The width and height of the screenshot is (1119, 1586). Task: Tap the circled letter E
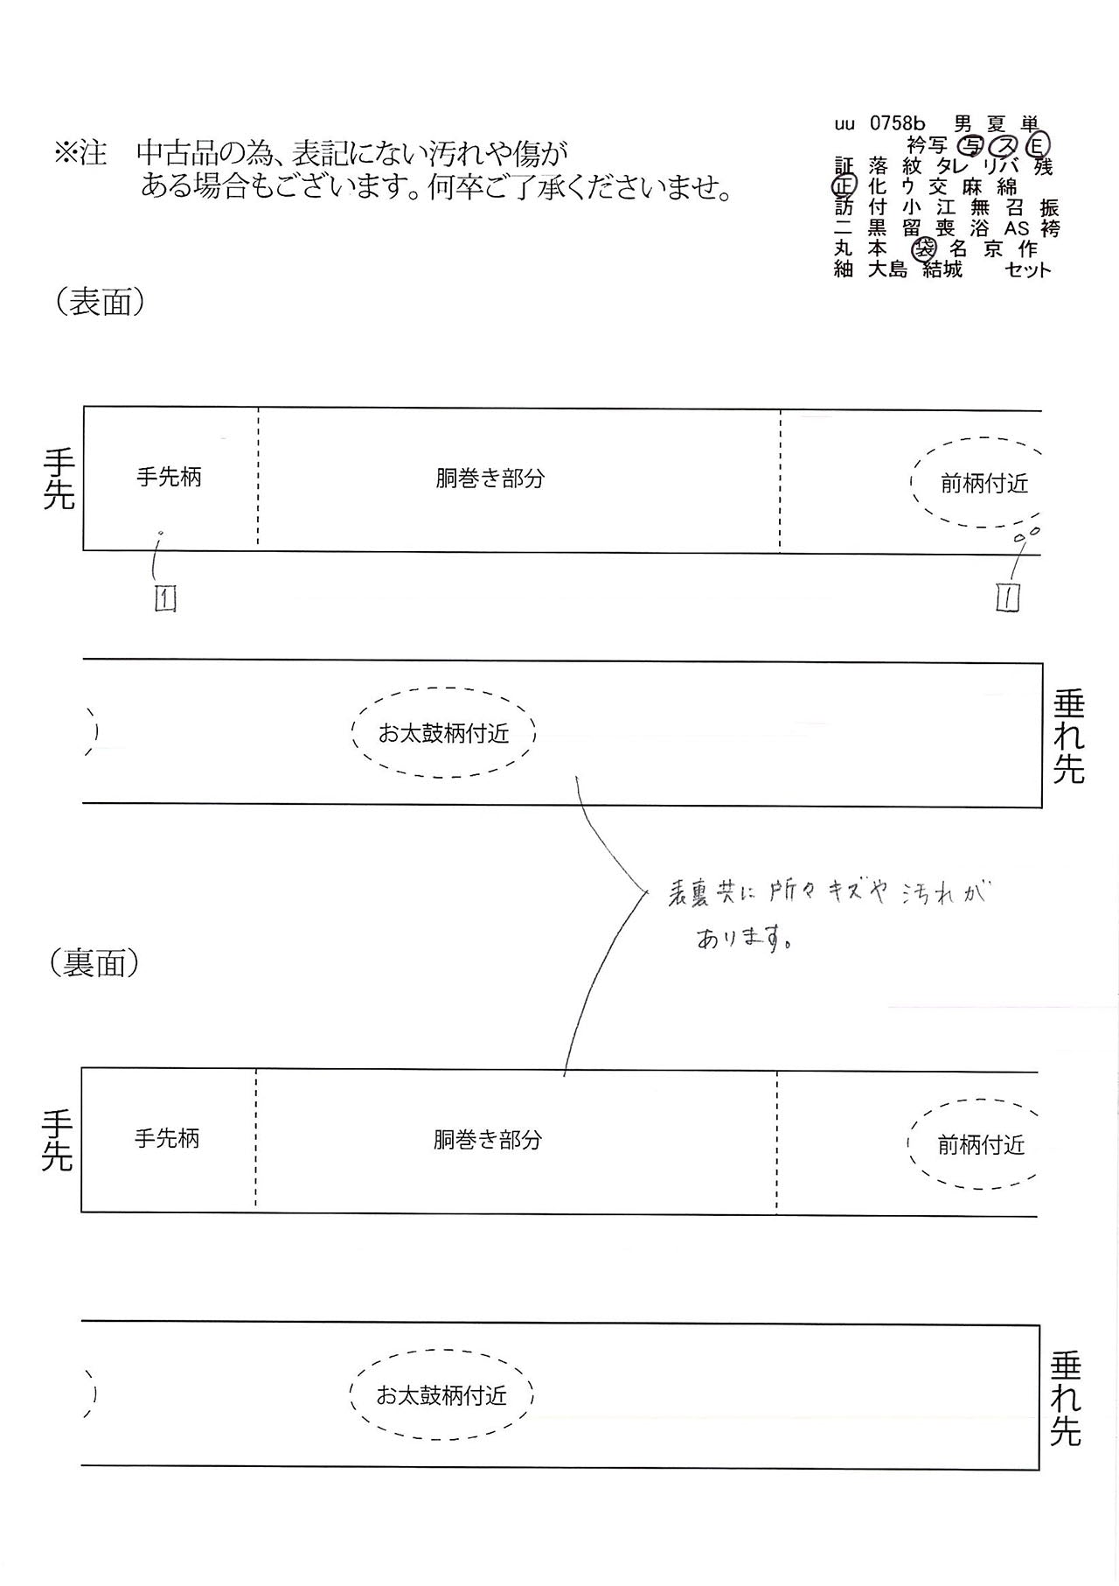1038,144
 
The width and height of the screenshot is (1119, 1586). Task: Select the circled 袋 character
922,249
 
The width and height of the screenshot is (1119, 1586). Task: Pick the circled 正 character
843,186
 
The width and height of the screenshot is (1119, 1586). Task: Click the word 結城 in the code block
942,269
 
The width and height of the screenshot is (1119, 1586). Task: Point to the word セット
1028,269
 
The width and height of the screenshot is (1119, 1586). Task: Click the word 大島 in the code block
888,269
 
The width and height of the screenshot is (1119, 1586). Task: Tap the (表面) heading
100,302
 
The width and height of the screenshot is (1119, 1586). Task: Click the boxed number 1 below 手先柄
165,598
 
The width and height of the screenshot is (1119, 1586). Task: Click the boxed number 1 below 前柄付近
1008,597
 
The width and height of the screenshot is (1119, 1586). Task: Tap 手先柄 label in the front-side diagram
169,477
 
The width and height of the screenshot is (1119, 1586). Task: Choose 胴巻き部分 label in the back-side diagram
488,1139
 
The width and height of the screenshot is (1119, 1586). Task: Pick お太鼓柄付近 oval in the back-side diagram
441,1351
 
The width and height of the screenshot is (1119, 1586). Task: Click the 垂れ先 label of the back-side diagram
1066,1399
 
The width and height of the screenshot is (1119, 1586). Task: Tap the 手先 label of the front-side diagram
59,479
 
